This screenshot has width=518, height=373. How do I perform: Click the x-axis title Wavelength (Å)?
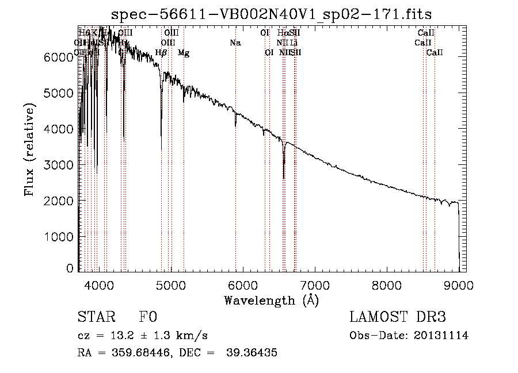(271, 300)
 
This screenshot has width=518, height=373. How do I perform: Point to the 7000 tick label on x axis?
(314, 284)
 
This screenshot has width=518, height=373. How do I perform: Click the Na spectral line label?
(235, 43)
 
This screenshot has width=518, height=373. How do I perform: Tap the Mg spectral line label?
(183, 53)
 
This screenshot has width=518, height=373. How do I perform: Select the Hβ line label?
(161, 53)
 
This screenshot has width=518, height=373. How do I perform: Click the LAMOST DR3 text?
(398, 318)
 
